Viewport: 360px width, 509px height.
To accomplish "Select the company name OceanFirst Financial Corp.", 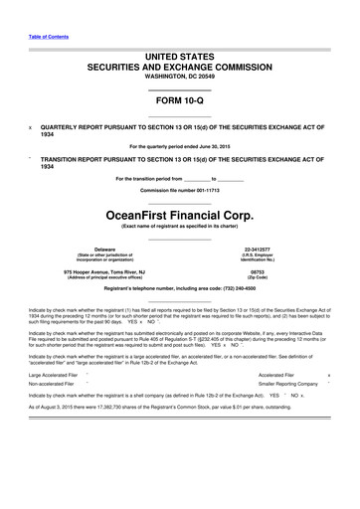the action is pyautogui.click(x=179, y=212).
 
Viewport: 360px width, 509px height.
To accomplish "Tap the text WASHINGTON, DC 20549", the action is pyautogui.click(x=179, y=77).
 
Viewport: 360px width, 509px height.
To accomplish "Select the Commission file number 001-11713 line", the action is pyautogui.click(x=179, y=189).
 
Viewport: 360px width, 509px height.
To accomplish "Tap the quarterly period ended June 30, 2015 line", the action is pyautogui.click(x=179, y=146).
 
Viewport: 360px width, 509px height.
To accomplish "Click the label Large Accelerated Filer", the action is pyautogui.click(x=54, y=375).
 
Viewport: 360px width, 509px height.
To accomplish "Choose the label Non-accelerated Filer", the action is pyautogui.click(x=52, y=383).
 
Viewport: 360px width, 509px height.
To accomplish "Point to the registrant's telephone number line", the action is pyautogui.click(x=179, y=287).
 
